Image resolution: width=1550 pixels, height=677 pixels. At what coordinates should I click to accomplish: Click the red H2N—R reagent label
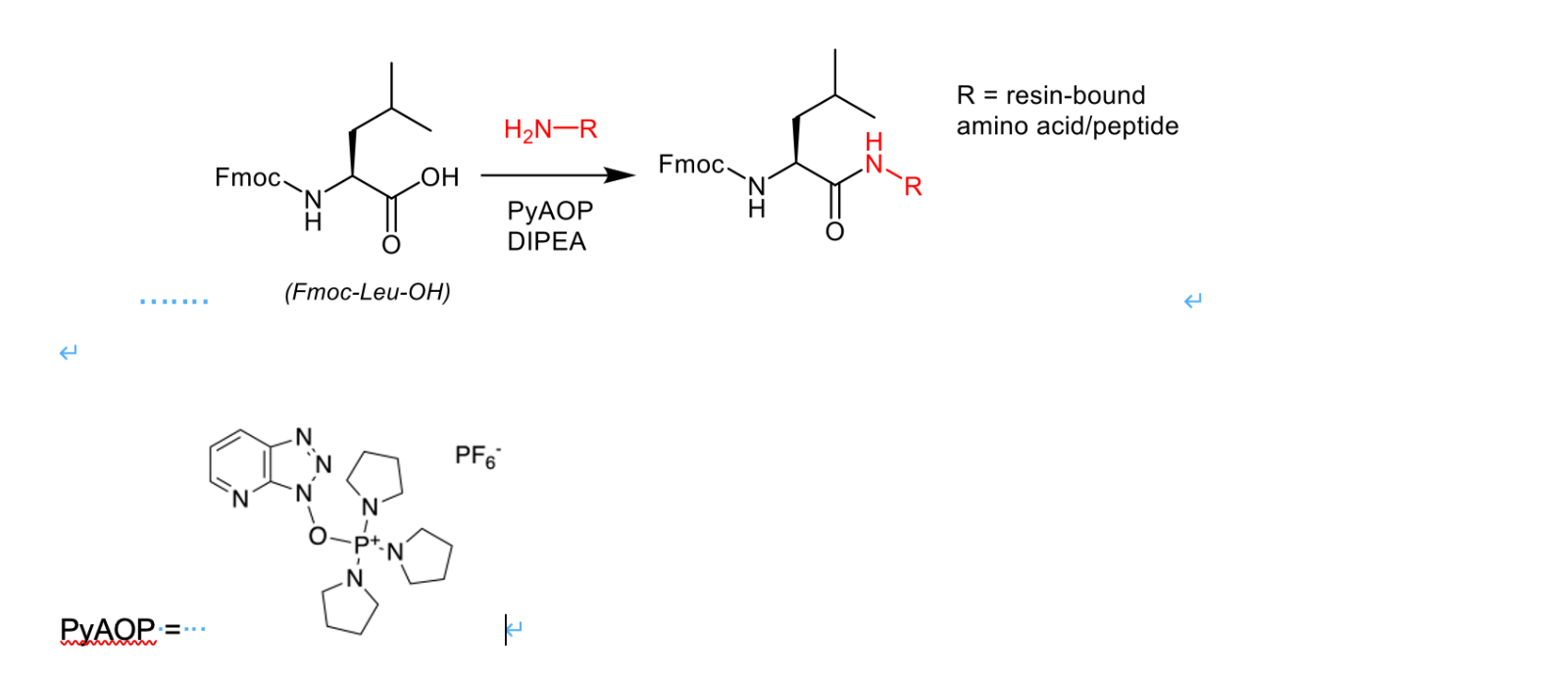[550, 129]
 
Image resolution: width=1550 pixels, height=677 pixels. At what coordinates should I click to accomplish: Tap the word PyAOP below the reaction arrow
[550, 211]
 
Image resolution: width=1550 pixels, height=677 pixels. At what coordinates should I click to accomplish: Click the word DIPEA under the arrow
[546, 242]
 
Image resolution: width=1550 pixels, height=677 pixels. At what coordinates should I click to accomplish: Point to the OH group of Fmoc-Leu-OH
[439, 177]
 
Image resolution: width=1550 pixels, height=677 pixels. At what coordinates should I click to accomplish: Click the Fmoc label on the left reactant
[247, 177]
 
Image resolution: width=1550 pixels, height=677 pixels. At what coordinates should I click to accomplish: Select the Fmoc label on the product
[691, 165]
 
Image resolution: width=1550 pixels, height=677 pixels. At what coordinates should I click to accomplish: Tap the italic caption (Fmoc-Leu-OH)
[368, 292]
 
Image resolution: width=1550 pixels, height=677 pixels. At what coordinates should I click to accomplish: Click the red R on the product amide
[913, 187]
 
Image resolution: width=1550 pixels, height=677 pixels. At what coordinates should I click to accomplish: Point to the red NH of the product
[875, 155]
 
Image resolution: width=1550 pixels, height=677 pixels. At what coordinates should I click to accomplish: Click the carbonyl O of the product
[834, 232]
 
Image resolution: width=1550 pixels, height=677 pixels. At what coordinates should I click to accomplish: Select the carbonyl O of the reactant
[391, 245]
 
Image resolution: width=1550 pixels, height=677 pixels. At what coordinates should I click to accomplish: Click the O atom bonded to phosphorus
[318, 536]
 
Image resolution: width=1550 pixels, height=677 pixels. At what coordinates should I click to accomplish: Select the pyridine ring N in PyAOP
[240, 500]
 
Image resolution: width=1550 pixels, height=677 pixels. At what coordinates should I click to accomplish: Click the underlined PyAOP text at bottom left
[108, 629]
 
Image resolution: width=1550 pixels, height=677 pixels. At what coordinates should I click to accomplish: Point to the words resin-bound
[1075, 95]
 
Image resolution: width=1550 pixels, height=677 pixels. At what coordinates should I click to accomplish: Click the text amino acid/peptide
[1067, 126]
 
